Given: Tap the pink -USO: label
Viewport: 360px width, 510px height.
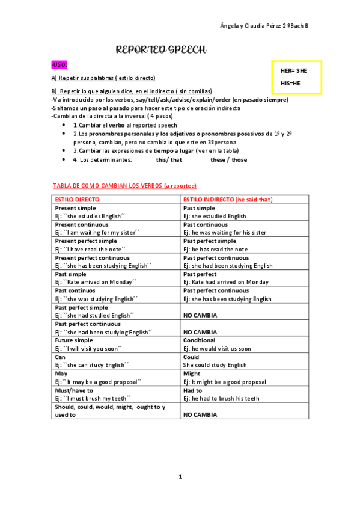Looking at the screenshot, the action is point(59,65).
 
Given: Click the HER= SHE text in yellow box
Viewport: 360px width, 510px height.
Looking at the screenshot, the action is point(294,71).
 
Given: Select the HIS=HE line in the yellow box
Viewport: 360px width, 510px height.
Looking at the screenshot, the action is point(290,83).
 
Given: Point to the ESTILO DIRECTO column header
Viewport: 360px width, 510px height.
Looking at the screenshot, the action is point(77,199).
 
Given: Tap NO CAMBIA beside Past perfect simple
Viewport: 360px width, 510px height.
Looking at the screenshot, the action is point(200,315).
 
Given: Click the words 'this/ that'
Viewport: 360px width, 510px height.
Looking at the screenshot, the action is point(169,160).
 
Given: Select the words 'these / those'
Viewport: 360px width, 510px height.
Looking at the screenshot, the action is point(228,160).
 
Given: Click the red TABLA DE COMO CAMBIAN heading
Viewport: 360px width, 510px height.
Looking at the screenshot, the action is point(124,186).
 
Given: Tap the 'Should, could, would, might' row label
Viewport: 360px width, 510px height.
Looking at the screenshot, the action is point(109,407).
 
